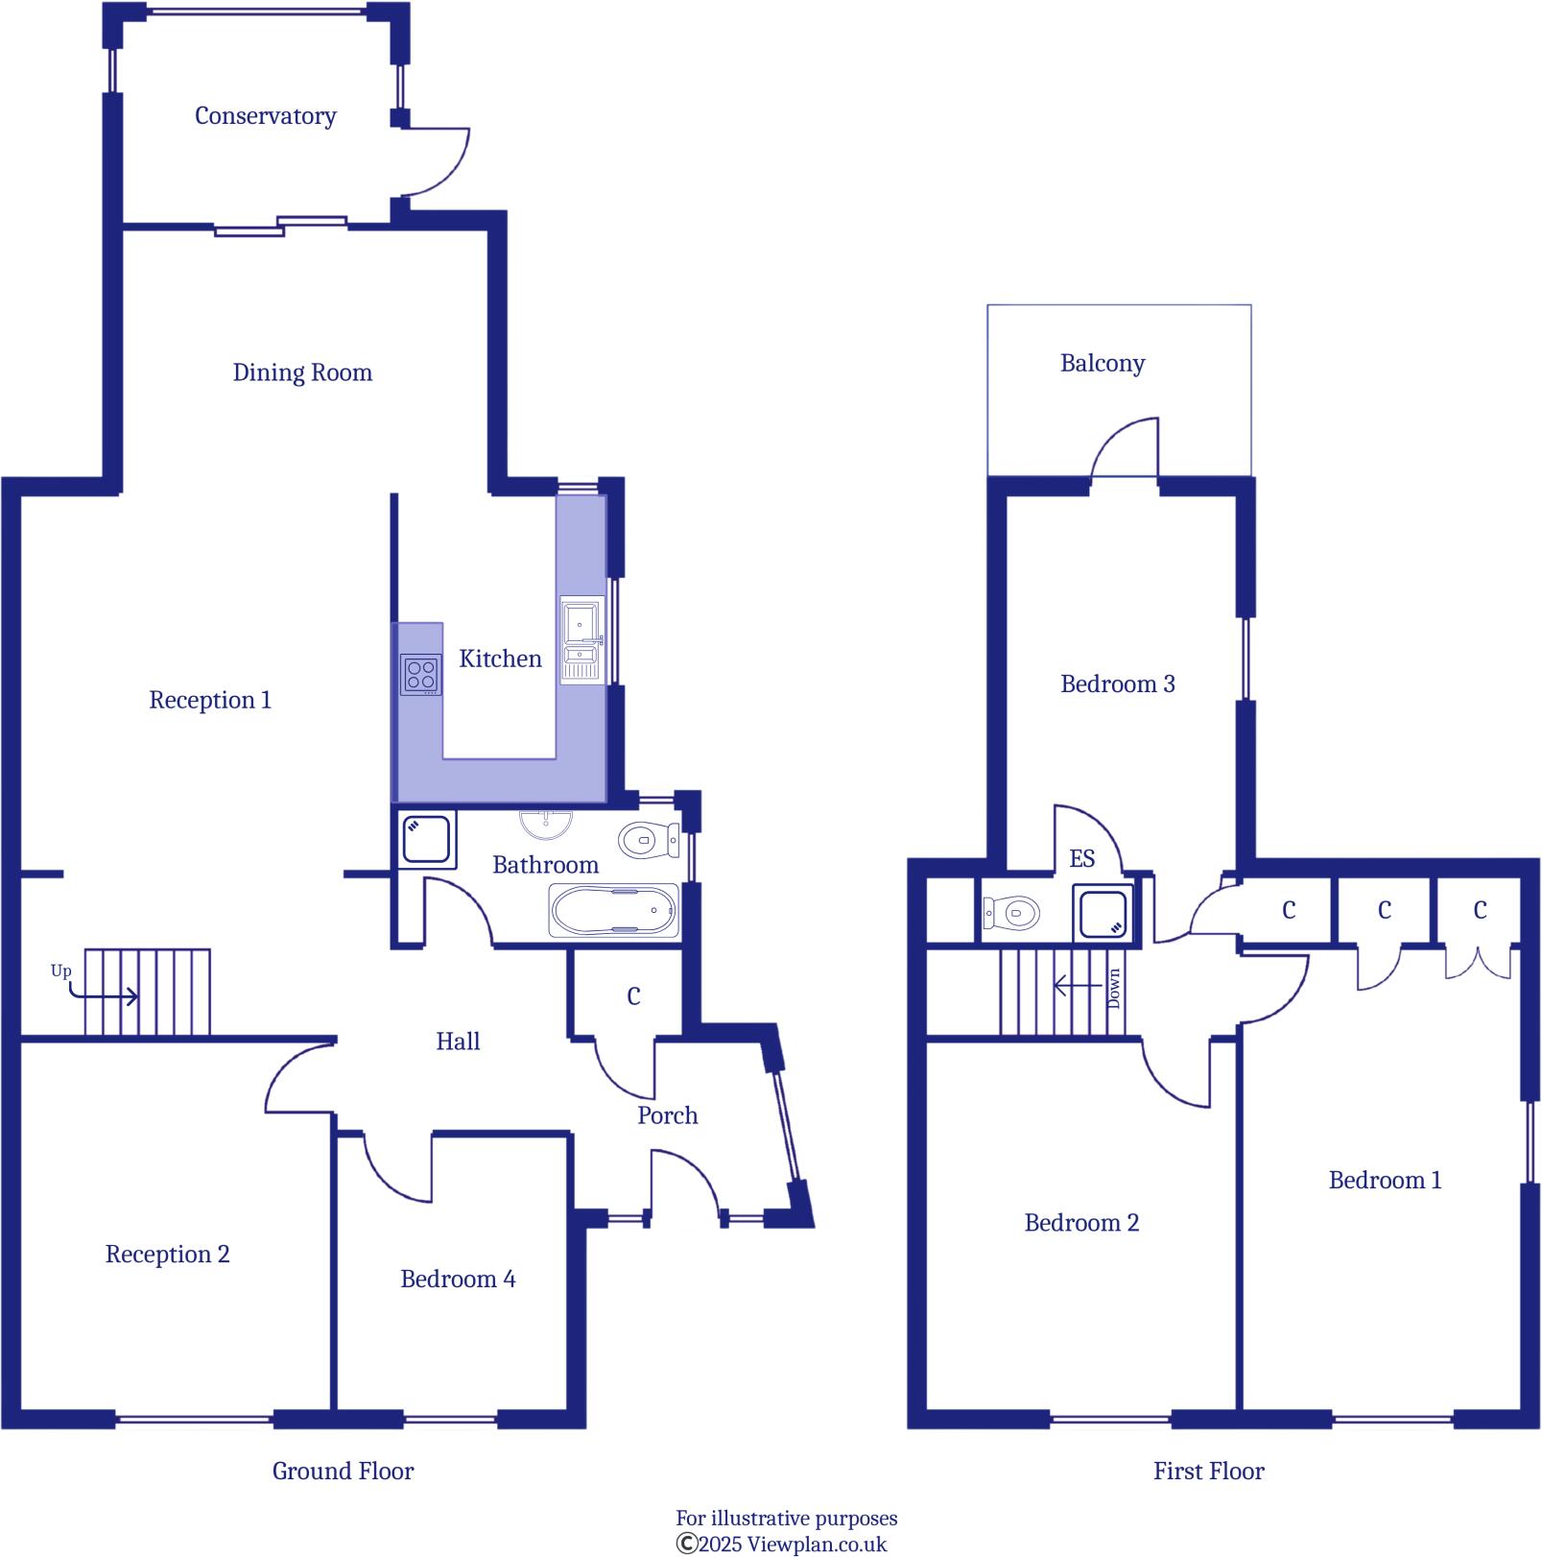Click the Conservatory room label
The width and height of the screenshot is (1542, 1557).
point(265,116)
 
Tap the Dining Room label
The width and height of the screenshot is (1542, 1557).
point(302,372)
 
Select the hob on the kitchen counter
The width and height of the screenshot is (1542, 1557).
point(421,674)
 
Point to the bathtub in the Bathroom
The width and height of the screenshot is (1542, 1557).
point(613,910)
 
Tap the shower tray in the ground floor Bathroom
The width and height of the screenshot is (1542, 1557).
point(426,839)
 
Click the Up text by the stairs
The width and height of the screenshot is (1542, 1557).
point(60,971)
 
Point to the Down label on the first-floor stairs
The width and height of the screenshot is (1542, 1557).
point(1113,988)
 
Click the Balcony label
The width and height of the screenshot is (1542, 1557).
point(1103,364)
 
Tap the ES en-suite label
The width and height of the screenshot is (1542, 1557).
point(1082,858)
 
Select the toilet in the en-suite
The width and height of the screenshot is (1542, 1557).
point(1012,912)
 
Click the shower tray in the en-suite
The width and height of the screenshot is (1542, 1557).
point(1103,912)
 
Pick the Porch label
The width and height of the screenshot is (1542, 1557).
point(668,1115)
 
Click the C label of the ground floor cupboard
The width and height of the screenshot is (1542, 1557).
point(633,996)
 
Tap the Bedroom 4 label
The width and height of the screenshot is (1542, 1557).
point(458,1279)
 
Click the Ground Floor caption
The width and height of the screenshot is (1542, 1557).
point(343,1471)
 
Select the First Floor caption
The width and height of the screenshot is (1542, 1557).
point(1209,1471)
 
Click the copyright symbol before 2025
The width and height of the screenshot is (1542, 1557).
point(686,1544)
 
